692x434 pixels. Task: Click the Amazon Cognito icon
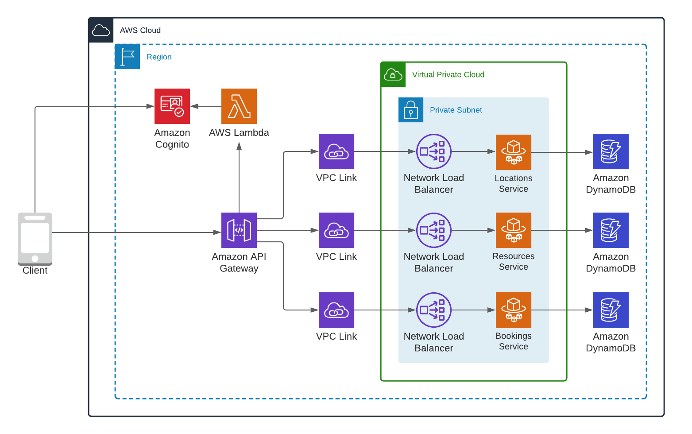pyautogui.click(x=172, y=106)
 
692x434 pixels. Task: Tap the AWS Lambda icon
pyautogui.click(x=239, y=106)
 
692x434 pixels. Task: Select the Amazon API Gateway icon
pyautogui.click(x=239, y=230)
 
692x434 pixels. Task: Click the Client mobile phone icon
pyautogui.click(x=35, y=238)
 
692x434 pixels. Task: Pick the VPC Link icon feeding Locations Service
pyautogui.click(x=336, y=151)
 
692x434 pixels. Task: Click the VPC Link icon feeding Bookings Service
pyautogui.click(x=336, y=310)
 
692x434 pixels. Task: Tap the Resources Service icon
pyautogui.click(x=514, y=230)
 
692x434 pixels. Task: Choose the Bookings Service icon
pyautogui.click(x=514, y=310)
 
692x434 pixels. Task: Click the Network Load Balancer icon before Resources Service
pyautogui.click(x=434, y=230)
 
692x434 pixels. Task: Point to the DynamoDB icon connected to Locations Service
pyautogui.click(x=611, y=151)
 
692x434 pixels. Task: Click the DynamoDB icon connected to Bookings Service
pyautogui.click(x=611, y=310)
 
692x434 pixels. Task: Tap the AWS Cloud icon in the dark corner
pyautogui.click(x=101, y=30)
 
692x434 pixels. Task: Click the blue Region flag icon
pyautogui.click(x=128, y=57)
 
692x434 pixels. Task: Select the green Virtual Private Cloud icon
pyautogui.click(x=393, y=74)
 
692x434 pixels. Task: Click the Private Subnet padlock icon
pyautogui.click(x=411, y=110)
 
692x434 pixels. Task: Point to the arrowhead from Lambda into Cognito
pyautogui.click(x=194, y=106)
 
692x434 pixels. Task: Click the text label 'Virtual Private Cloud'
pyautogui.click(x=448, y=74)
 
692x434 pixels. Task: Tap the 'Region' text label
pyautogui.click(x=159, y=57)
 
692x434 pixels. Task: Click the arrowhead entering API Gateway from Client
pyautogui.click(x=217, y=232)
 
